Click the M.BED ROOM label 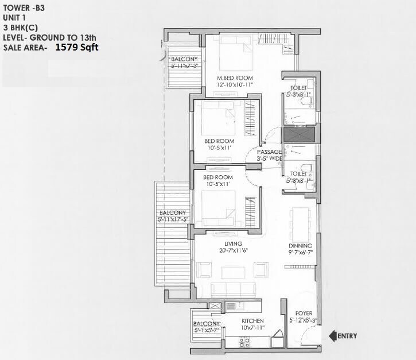235,78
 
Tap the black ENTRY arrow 332,335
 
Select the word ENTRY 349,335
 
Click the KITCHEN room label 252,320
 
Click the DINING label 300,245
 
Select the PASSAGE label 269,152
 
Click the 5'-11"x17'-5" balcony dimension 172,219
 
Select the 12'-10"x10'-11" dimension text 235,85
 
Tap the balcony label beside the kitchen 207,324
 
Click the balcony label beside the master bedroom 184,59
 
